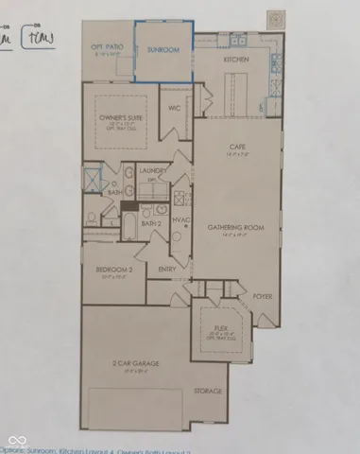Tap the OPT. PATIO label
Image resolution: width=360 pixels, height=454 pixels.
pos(109,47)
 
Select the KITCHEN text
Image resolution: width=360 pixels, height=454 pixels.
pos(237,59)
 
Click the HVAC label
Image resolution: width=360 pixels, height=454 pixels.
pos(182,220)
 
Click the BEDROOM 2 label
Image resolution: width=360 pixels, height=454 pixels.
pos(112,270)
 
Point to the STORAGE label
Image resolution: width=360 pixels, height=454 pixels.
pos(209,392)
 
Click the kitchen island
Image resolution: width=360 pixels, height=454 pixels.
pos(238,93)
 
